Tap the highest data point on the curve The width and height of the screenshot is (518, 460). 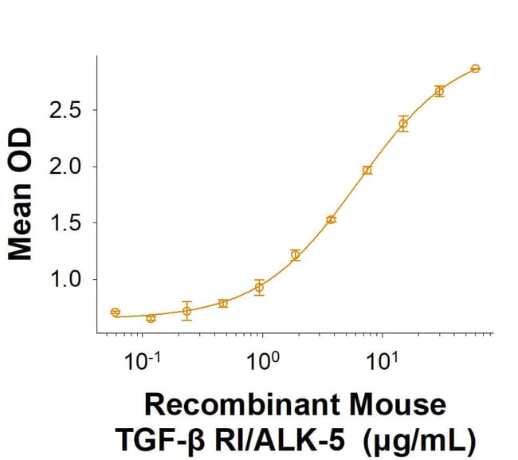(x=475, y=69)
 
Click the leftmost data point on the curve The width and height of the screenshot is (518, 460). (x=116, y=313)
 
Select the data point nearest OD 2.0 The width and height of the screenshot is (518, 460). (x=367, y=170)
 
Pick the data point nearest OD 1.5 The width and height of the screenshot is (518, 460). (x=331, y=219)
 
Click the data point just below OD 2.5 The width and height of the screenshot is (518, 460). (x=403, y=124)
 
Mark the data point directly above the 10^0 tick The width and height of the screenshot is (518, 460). (x=259, y=288)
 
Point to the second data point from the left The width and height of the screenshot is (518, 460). (x=151, y=318)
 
